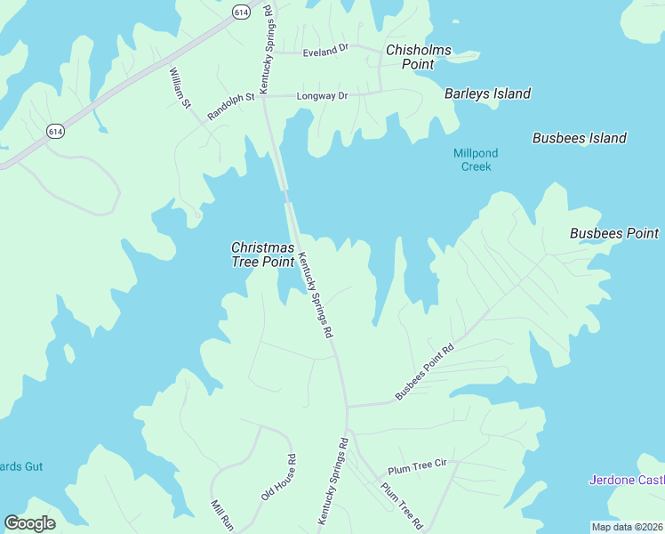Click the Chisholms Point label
click(418, 57)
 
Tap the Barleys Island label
click(487, 93)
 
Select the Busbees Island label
click(579, 138)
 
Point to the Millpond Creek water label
click(476, 159)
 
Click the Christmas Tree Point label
click(262, 254)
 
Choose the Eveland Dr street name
click(325, 52)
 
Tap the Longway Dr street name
click(323, 94)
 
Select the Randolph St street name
click(231, 106)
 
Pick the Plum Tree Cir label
click(414, 469)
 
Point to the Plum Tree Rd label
click(401, 505)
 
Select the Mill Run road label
click(220, 516)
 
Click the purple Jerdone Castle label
click(626, 481)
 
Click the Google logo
click(29, 523)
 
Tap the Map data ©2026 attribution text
click(627, 526)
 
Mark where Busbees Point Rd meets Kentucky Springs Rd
click(347, 406)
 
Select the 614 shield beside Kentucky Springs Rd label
click(241, 12)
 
